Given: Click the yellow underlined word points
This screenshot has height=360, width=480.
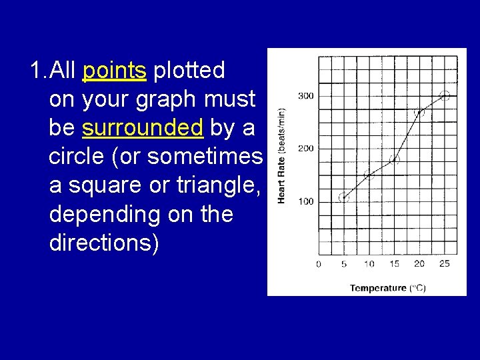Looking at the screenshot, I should coord(114,70).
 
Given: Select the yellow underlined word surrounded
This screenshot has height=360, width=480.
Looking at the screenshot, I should coord(143,127).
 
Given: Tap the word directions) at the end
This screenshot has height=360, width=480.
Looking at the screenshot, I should coord(104,243).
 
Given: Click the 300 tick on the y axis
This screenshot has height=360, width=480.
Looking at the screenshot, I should coord(305,96).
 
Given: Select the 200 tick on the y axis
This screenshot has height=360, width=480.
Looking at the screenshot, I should coord(305,148).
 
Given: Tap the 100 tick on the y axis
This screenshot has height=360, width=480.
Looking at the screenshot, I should coord(305,201).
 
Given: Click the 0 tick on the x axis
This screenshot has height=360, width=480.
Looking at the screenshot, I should coord(318,264).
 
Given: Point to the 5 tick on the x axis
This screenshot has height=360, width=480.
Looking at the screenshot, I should coord(344,264).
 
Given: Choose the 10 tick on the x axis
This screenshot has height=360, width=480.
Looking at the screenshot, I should coord(369,264).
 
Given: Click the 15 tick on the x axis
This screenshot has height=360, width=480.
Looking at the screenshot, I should coord(394,264).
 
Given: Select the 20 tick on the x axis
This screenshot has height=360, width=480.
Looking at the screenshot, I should coord(419,264).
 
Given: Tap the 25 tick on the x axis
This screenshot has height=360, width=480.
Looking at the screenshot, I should coord(444,264).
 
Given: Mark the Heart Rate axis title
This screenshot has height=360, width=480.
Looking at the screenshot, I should coord(281,156).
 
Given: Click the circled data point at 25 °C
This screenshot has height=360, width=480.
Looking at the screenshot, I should coord(445,95).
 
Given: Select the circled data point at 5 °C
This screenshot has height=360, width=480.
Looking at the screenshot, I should coord(344,197).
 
